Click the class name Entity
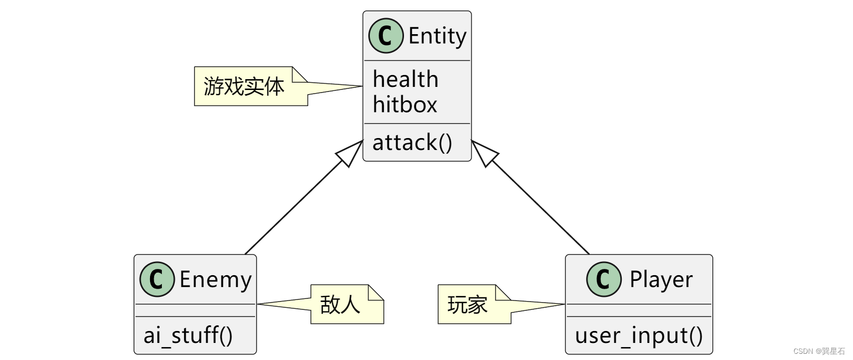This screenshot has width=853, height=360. [437, 36]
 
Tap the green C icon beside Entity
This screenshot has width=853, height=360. [385, 36]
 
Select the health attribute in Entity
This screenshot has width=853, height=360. [406, 80]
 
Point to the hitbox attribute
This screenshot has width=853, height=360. [405, 105]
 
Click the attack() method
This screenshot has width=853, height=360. [412, 143]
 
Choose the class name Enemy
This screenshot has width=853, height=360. [215, 280]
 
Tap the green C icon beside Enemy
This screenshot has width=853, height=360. [157, 279]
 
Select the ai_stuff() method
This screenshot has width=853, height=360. [188, 336]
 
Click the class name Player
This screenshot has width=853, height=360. [661, 280]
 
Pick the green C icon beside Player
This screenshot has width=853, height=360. [603, 279]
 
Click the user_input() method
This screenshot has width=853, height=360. [639, 336]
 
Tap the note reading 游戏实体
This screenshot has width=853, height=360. [244, 86]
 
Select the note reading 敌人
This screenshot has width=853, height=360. [340, 305]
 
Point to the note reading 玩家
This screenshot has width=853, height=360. [468, 305]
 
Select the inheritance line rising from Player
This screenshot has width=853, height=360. [541, 207]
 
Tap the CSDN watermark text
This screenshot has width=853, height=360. [818, 351]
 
